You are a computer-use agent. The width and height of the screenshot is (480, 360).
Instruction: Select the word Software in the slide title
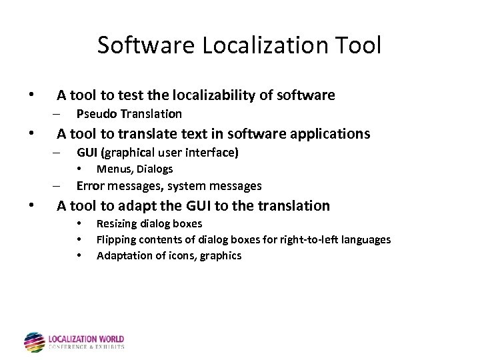pyautogui.click(x=145, y=45)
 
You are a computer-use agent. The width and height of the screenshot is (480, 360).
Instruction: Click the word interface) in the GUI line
pyautogui.click(x=213, y=153)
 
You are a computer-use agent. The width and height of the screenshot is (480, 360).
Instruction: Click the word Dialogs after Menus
pyautogui.click(x=154, y=169)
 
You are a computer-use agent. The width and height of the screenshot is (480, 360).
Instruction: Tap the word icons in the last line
pyautogui.click(x=173, y=255)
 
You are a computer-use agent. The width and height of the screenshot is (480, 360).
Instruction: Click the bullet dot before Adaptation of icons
pyautogui.click(x=79, y=255)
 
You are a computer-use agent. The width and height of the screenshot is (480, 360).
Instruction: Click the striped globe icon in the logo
pyautogui.click(x=35, y=342)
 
